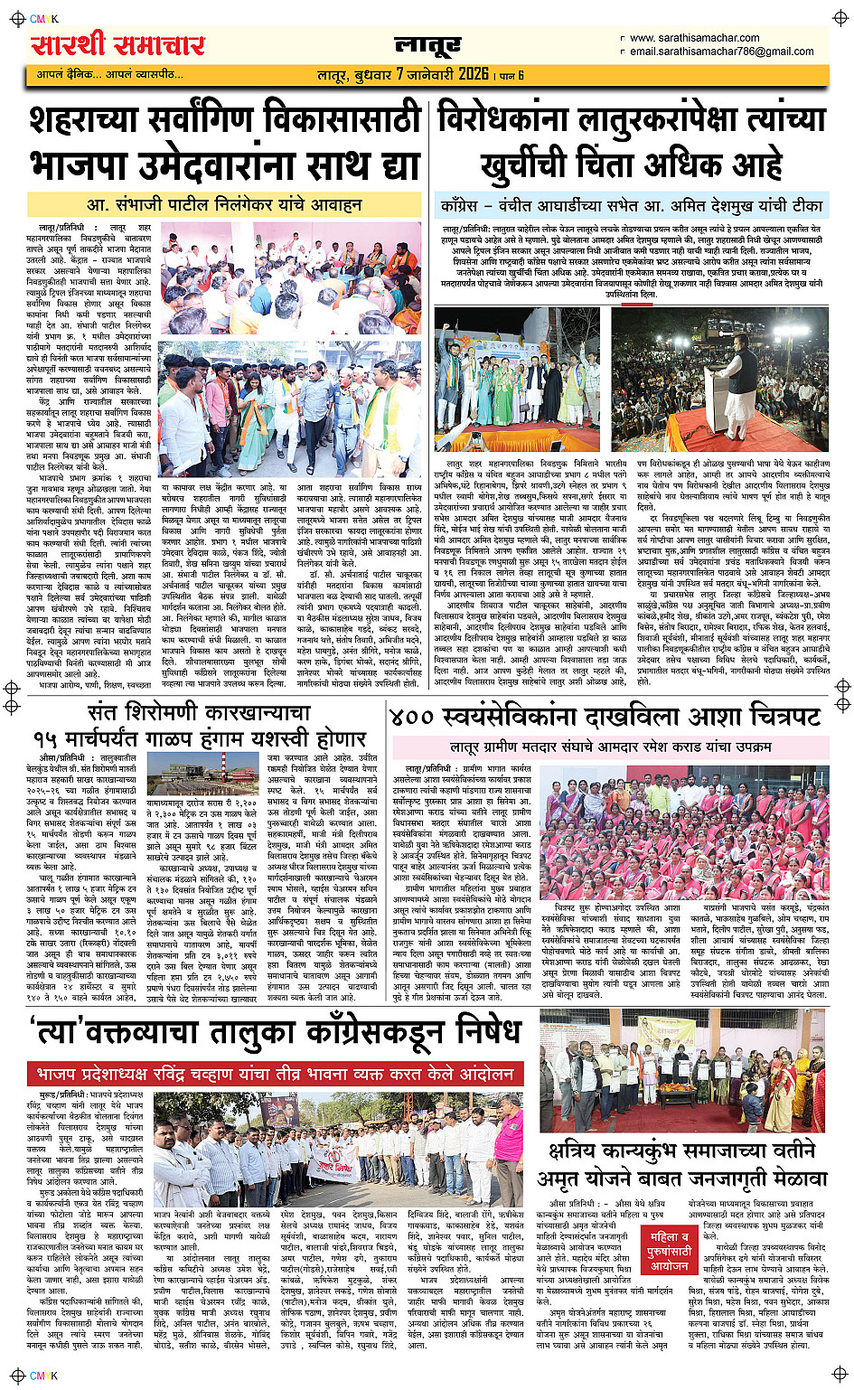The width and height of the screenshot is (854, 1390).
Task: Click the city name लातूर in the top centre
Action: tap(427, 45)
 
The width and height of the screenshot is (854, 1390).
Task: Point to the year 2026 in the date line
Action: tap(474, 74)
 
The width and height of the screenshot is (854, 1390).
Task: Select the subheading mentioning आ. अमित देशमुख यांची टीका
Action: tap(632, 206)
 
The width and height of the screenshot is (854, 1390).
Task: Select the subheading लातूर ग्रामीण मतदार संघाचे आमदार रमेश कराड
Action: tap(611, 747)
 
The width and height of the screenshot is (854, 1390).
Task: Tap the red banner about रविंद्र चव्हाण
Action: tap(275, 1074)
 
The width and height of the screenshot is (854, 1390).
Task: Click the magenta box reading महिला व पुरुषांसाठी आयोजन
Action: tap(670, 1250)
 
